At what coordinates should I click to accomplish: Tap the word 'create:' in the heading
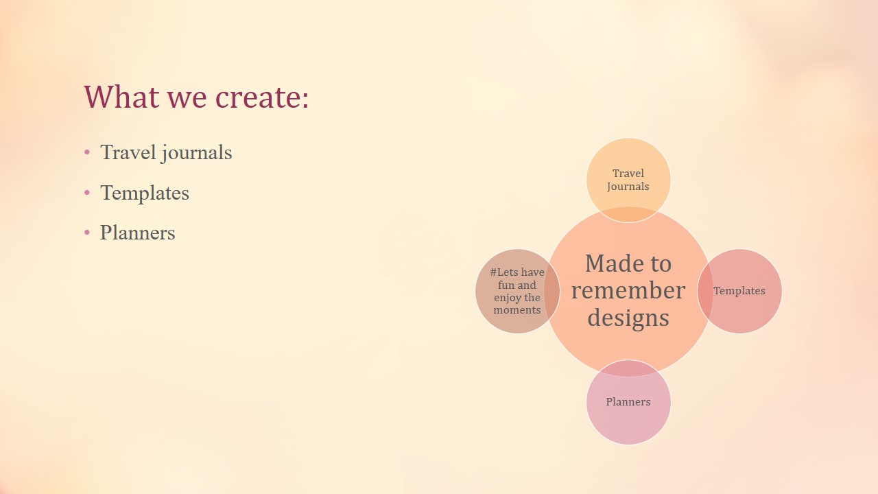click(x=262, y=97)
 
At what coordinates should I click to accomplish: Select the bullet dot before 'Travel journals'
click(x=87, y=152)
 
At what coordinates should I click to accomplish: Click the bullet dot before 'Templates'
click(x=87, y=193)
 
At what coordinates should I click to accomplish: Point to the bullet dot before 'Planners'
click(x=87, y=233)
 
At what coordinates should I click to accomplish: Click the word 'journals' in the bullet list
click(x=197, y=153)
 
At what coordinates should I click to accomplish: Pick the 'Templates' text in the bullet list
click(x=145, y=193)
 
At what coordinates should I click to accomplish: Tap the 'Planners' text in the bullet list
click(x=138, y=233)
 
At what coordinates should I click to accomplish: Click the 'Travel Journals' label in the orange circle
click(x=628, y=180)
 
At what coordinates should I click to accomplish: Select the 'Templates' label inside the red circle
click(x=739, y=291)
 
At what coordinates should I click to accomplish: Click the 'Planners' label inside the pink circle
click(x=628, y=402)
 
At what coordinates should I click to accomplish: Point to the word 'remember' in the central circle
click(x=628, y=290)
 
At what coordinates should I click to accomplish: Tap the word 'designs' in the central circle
click(x=628, y=318)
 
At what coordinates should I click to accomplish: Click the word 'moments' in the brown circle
click(x=517, y=310)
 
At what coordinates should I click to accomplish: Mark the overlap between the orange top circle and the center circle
click(x=628, y=215)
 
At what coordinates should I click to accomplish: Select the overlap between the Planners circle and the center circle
click(x=628, y=368)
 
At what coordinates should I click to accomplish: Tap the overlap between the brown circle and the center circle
click(x=552, y=291)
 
